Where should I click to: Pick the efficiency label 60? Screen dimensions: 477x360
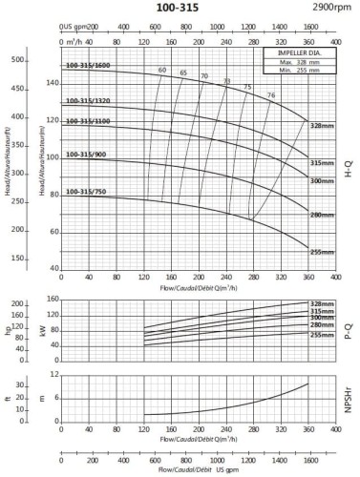click(162, 70)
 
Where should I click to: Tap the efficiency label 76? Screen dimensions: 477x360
click(271, 94)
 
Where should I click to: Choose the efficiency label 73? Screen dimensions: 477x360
click(226, 81)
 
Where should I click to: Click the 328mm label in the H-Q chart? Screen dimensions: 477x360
click(323, 126)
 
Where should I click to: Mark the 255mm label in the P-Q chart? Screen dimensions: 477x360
click(322, 335)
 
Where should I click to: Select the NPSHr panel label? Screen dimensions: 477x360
click(350, 401)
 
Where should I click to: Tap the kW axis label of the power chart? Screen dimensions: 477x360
click(42, 330)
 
